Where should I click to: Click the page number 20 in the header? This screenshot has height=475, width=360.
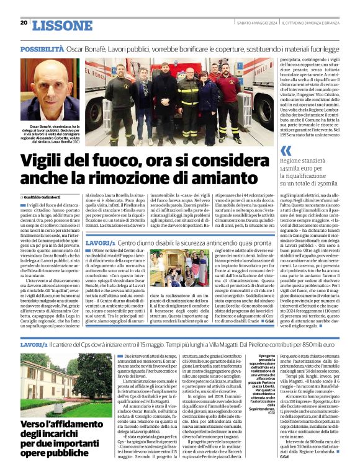(x=24, y=22)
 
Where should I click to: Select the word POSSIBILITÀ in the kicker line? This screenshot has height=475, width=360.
(x=42, y=48)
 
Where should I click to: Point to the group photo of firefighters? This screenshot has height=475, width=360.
(x=171, y=101)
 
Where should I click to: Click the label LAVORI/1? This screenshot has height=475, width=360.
(x=100, y=243)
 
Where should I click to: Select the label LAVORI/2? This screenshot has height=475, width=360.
(x=34, y=344)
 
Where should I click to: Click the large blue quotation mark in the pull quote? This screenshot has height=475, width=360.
(x=285, y=150)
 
